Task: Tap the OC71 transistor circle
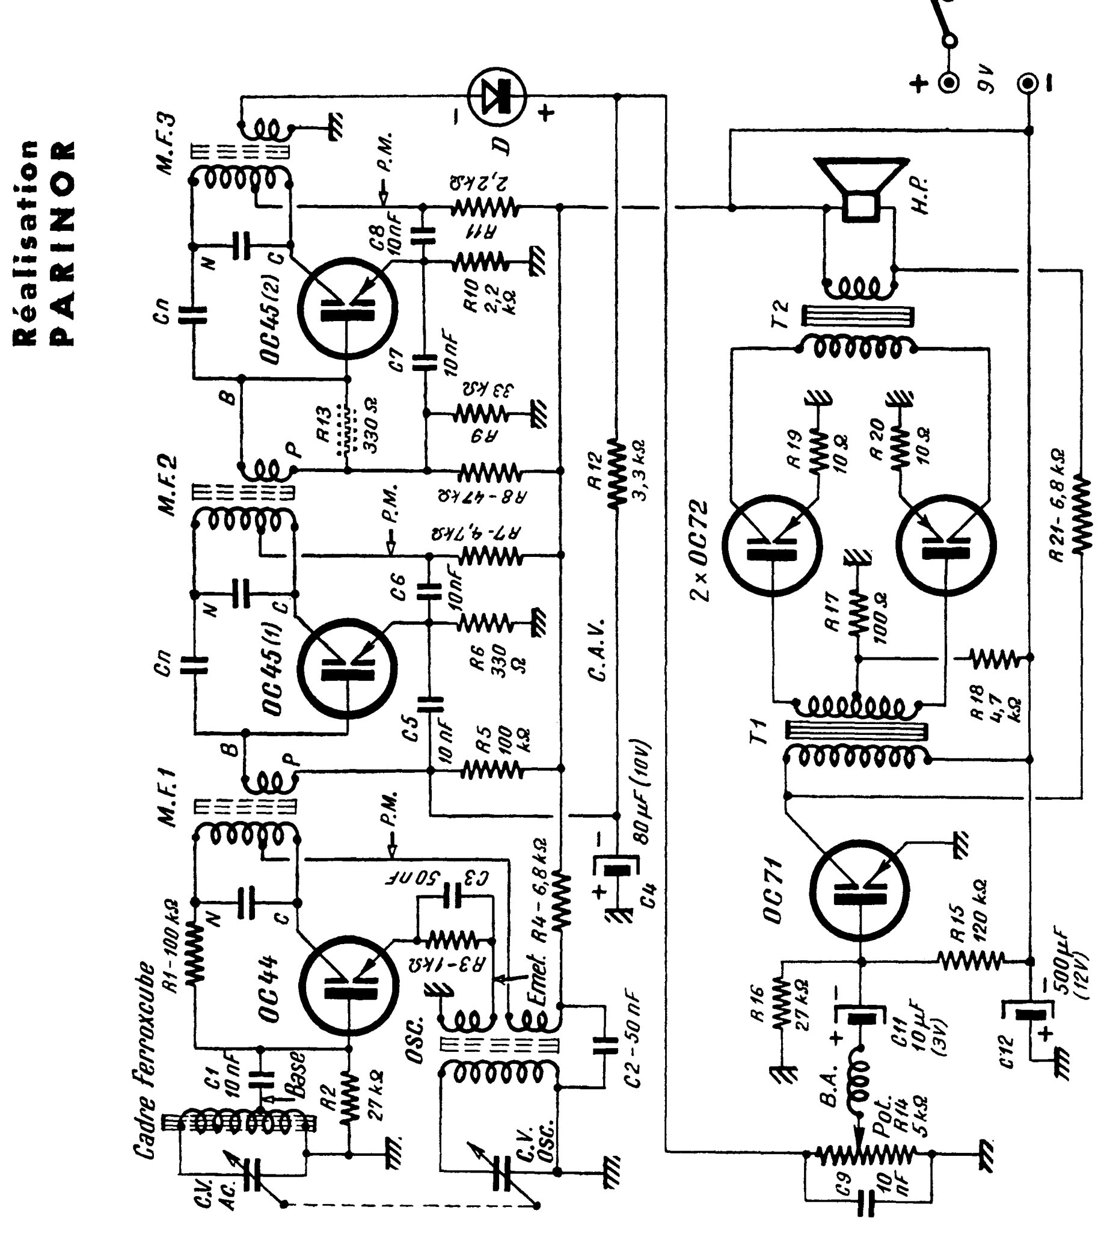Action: [859, 889]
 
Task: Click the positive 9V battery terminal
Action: [948, 81]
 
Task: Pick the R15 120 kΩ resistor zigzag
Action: [972, 960]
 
